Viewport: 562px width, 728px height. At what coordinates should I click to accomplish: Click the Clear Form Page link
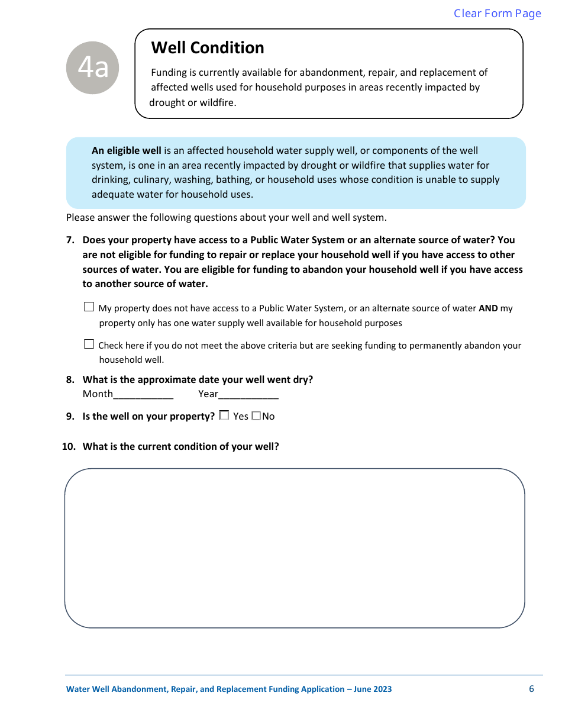point(497,14)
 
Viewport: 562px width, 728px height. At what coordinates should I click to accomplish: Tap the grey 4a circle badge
point(93,68)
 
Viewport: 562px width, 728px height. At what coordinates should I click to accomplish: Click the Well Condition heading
point(208,48)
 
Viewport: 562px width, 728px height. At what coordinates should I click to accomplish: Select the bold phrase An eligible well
point(126,151)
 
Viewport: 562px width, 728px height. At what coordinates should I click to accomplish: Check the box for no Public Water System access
point(89,307)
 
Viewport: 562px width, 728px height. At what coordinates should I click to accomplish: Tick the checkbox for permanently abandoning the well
point(89,344)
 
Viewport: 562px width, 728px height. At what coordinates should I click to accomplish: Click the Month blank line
point(143,394)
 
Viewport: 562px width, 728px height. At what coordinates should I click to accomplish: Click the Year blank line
point(248,394)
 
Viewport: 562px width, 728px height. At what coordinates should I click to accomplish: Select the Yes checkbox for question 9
point(224,416)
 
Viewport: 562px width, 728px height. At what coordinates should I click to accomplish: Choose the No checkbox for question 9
point(256,416)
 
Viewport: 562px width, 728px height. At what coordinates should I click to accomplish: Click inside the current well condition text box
point(295,547)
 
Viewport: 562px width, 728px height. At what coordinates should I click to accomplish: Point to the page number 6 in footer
point(531,689)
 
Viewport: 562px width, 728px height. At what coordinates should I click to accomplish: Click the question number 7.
point(70,240)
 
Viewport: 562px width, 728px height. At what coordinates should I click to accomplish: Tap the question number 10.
point(69,447)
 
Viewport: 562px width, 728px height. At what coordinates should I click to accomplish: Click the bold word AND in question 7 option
point(488,308)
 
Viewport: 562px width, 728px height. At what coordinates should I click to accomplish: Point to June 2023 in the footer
point(373,690)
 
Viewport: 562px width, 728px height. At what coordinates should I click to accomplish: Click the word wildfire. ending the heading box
point(217,102)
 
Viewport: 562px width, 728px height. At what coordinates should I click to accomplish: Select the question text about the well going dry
point(198,380)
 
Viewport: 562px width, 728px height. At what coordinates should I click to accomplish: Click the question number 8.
point(70,380)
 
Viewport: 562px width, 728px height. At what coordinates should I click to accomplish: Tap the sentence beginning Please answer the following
point(226,218)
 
